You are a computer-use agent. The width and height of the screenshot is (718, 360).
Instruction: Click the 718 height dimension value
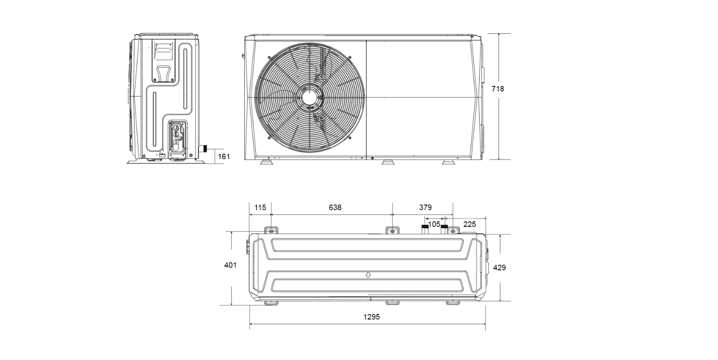click(x=498, y=89)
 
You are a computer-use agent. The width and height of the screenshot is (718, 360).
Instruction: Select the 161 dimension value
click(x=224, y=157)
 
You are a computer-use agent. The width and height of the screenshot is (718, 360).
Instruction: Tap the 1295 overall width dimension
click(x=372, y=317)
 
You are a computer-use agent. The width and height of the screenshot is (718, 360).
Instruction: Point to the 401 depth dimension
click(x=230, y=265)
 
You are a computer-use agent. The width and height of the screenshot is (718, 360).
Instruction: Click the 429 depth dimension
click(x=500, y=268)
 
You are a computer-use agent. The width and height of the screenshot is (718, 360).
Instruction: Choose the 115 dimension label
click(x=260, y=207)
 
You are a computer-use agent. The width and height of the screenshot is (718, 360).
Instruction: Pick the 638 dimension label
click(x=335, y=207)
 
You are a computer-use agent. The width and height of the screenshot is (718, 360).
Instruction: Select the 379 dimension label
click(x=425, y=207)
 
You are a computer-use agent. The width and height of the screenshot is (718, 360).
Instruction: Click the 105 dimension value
click(x=434, y=225)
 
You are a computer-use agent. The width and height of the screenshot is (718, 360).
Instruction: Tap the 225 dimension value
click(x=470, y=225)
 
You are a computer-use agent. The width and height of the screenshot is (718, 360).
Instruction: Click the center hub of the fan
click(x=310, y=97)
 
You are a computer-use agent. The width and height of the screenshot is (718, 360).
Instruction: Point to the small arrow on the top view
click(x=368, y=275)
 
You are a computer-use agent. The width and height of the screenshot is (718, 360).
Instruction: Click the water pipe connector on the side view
click(x=203, y=149)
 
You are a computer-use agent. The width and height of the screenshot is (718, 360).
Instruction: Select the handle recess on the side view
click(x=164, y=74)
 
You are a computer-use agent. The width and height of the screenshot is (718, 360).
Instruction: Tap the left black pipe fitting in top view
click(x=425, y=229)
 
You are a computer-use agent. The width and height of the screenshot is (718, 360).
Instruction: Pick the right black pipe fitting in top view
click(x=444, y=229)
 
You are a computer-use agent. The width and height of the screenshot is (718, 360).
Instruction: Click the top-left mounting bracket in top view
click(x=271, y=230)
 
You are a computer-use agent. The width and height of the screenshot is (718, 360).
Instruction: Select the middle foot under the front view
click(x=388, y=162)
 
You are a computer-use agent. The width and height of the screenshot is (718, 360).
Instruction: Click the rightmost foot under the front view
click(x=448, y=162)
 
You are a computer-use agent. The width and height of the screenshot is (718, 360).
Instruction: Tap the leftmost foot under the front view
click(x=266, y=162)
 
